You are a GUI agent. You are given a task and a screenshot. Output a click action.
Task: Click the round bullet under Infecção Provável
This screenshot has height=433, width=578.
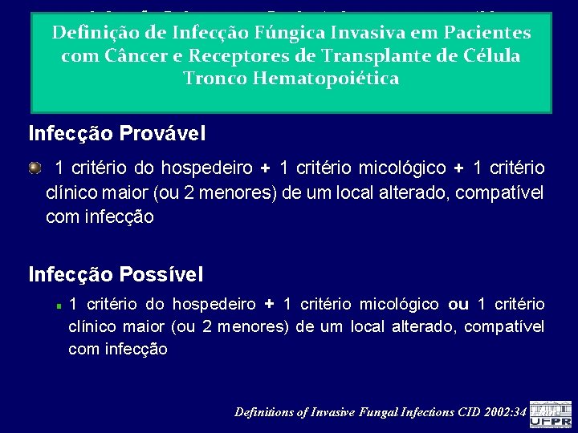35,168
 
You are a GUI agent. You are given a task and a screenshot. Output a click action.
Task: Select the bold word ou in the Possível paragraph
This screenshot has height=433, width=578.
458,305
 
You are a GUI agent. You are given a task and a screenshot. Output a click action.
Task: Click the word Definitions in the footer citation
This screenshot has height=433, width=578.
264,412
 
